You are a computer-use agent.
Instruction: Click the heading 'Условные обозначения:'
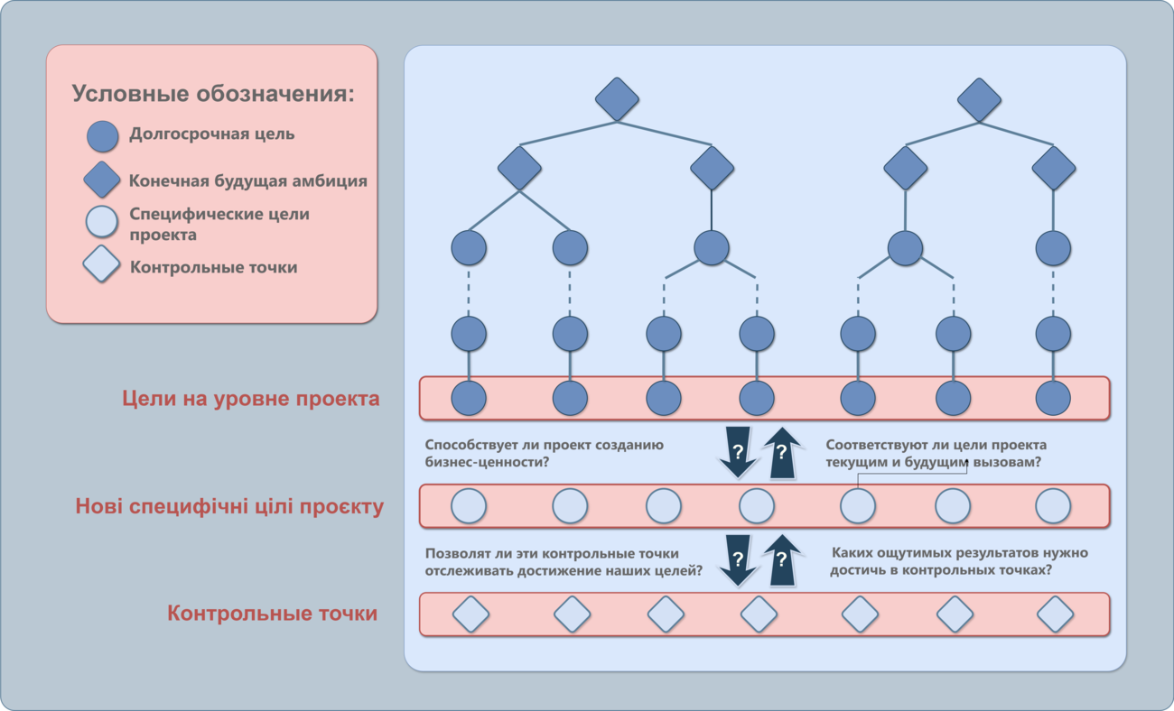(x=213, y=94)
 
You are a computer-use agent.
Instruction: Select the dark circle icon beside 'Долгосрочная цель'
(x=102, y=136)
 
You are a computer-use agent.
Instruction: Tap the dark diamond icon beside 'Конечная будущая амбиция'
(x=102, y=180)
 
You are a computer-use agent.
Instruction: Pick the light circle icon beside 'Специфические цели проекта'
(x=102, y=221)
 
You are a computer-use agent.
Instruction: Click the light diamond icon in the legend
(x=101, y=263)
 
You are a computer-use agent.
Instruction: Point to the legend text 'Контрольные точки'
(x=213, y=267)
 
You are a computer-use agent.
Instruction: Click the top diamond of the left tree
(x=617, y=99)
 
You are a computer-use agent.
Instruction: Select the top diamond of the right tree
(x=979, y=99)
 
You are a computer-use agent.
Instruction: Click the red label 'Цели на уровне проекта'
(x=250, y=399)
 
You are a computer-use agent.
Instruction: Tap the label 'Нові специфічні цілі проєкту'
(x=229, y=506)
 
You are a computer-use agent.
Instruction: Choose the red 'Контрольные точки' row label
(x=272, y=613)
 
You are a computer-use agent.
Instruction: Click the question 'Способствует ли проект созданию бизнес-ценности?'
(x=544, y=453)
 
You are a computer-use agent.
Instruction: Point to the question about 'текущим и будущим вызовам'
(x=936, y=453)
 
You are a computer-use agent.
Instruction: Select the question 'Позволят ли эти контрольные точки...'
(x=564, y=562)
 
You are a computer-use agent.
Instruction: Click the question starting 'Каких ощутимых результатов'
(x=959, y=560)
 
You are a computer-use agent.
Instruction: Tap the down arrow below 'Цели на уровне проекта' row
(x=738, y=452)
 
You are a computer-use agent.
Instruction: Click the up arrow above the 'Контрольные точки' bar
(x=782, y=559)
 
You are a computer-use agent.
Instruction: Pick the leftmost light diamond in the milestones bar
(x=471, y=614)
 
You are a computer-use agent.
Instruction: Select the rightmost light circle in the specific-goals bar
(x=1053, y=506)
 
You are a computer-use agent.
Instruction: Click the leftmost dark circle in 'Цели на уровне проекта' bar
(x=469, y=399)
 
